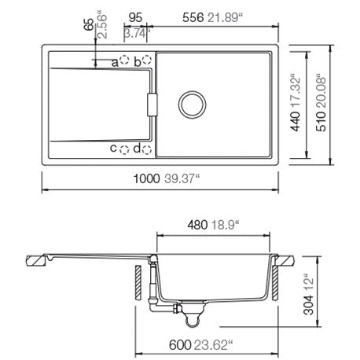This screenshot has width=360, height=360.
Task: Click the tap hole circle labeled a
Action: click(124, 60)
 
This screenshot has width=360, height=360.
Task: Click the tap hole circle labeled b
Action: click(147, 60)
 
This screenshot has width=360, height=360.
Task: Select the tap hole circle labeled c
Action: click(124, 149)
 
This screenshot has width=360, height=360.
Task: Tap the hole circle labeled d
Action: click(147, 149)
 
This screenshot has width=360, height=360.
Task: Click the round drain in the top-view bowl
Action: click(192, 105)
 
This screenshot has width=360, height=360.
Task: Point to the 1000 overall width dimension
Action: click(146, 178)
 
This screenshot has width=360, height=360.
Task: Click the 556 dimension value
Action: click(193, 18)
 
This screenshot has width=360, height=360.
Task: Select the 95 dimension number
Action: click(135, 18)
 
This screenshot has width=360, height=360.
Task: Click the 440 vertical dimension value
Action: click(296, 121)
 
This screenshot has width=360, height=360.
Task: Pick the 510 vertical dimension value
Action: click(321, 121)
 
